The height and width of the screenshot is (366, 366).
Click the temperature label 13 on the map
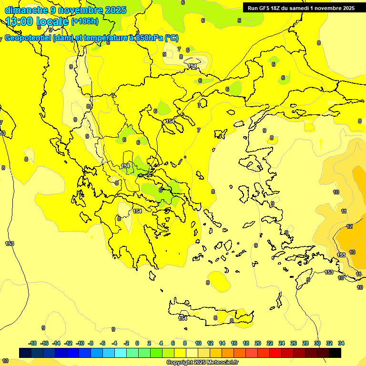pyautogui.click(x=352, y=252)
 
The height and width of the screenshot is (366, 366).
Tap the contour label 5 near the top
pyautogui.click(x=239, y=20)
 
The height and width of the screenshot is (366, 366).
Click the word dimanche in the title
pyautogui.click(x=26, y=10)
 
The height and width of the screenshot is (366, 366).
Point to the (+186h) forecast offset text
pyautogui.click(x=84, y=21)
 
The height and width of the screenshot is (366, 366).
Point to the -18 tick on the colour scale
pyautogui.click(x=33, y=343)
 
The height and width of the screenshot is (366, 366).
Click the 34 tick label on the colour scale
pyautogui.click(x=341, y=343)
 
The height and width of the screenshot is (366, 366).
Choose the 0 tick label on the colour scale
pyautogui.click(x=137, y=343)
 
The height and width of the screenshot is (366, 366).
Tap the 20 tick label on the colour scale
pyautogui.click(x=258, y=343)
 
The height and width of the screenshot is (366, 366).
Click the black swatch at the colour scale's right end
pyautogui.click(x=335, y=353)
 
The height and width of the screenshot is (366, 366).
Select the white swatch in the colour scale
pyautogui.click(x=192, y=353)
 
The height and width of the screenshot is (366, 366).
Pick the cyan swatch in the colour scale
pyautogui.click(x=121, y=353)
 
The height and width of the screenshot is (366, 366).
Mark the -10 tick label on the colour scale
pyautogui.click(x=80, y=343)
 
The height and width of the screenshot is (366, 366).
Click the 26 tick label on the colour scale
pyautogui.click(x=294, y=343)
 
